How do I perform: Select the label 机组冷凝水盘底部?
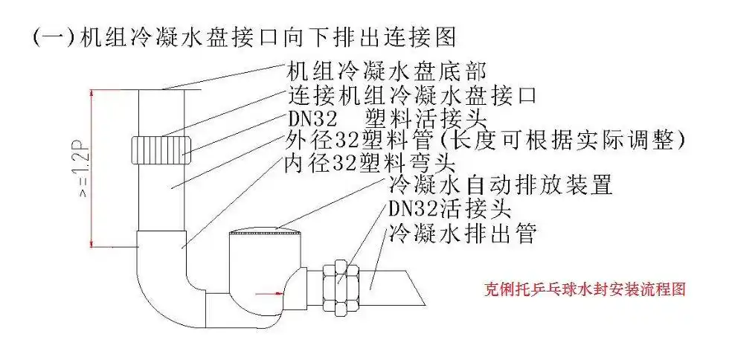pyautogui.click(x=386, y=72)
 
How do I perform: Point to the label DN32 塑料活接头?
pyautogui.click(x=386, y=118)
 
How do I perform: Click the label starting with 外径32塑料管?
pyautogui.click(x=357, y=141)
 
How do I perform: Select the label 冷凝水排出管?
pyautogui.click(x=461, y=233)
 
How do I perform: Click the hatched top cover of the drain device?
pyautogui.click(x=266, y=237)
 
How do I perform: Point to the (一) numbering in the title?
pyautogui.click(x=51, y=37)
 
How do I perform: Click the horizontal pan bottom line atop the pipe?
pyautogui.click(x=160, y=89)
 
